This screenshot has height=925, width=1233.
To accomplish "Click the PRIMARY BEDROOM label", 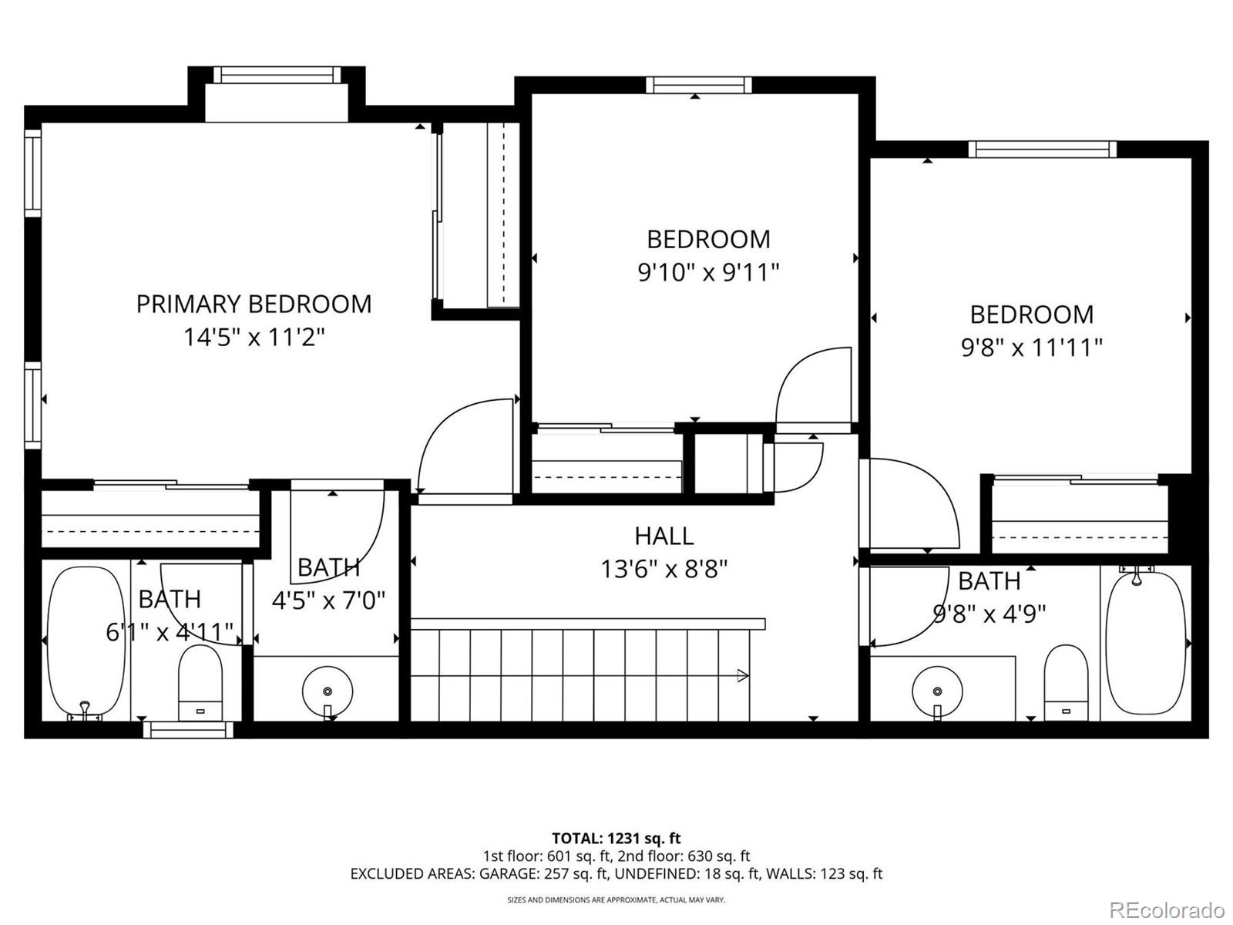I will pos(254,304).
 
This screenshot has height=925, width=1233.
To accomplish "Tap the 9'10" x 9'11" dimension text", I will pos(708,272).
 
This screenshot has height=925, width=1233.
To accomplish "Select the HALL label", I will pos(664,536).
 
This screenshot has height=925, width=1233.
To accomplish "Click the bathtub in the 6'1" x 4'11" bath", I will pos(86,642).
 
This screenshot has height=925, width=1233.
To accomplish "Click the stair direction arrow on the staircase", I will pos(742,676).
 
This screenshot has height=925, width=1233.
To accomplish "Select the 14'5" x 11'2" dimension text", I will pos(254,337).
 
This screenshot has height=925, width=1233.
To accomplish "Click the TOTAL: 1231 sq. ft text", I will pos(616,838).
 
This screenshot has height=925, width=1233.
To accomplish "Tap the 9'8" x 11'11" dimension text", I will pos(1031,348).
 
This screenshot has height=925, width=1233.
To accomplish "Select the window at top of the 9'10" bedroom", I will pos(698,85).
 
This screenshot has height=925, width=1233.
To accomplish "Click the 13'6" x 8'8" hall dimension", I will pos(664,569).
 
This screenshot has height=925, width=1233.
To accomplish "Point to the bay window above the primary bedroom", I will pos(277,75).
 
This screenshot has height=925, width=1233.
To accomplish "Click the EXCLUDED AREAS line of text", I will pos(616,873).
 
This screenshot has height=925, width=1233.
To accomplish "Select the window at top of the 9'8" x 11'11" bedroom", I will pos(1042,149).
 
